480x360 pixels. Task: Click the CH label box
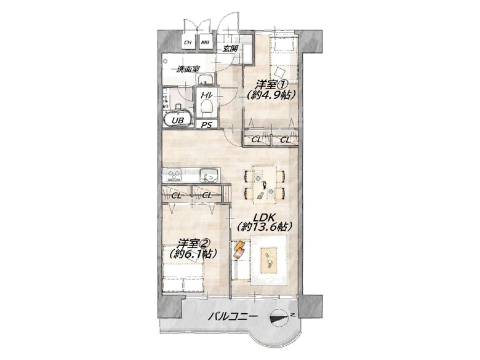(188, 42)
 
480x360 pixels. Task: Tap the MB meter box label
(205, 42)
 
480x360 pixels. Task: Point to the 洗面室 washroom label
(188, 69)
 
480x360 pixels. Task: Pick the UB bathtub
(178, 119)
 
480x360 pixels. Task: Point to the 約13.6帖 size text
(265, 227)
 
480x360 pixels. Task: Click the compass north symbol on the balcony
(279, 318)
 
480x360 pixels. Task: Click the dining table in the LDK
(265, 184)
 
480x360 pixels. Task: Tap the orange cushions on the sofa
(239, 249)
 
